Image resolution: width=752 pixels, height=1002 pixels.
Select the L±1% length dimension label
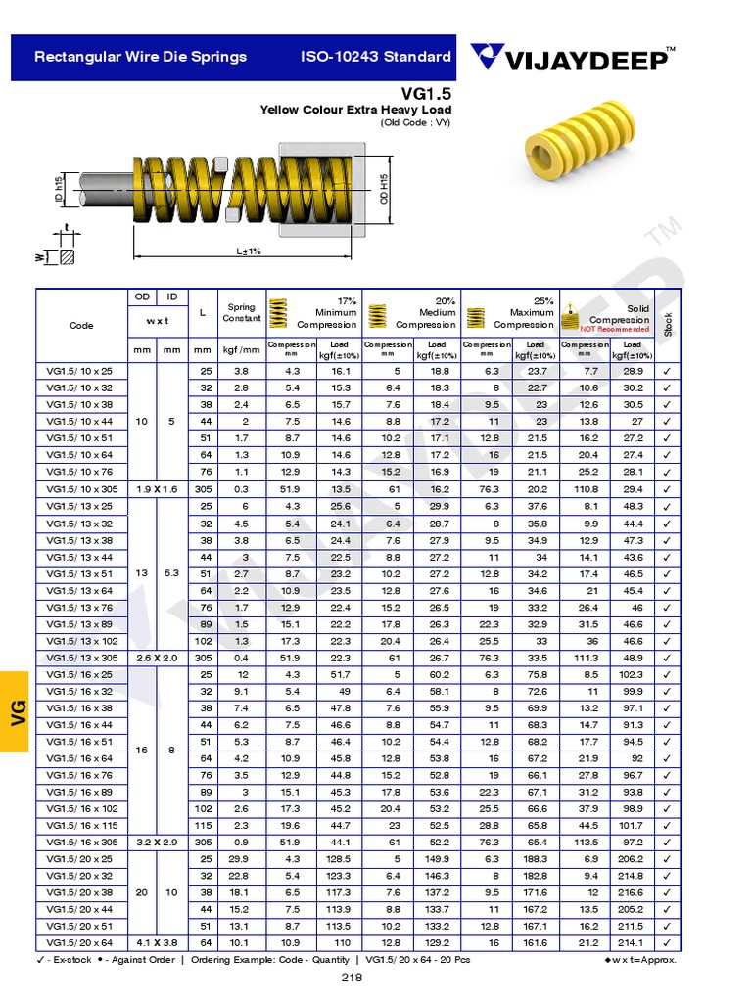point(249,251)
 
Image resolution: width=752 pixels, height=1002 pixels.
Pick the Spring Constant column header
point(241,312)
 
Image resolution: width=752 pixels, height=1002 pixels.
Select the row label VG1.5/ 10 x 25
point(80,371)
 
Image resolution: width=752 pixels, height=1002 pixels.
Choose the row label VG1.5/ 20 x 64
point(80,942)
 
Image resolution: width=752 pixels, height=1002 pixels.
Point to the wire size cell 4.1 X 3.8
point(157,942)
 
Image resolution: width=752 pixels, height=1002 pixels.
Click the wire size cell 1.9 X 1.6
point(157,488)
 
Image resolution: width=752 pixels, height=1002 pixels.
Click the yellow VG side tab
point(17,711)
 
